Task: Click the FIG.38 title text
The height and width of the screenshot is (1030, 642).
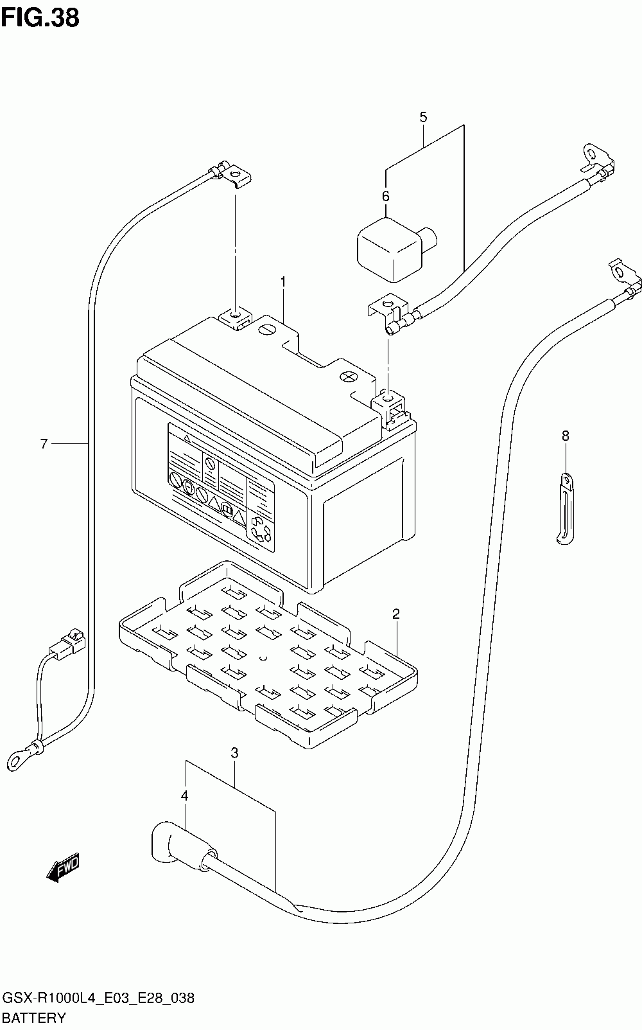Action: pos(40,18)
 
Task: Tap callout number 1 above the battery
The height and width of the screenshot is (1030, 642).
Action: pos(283,281)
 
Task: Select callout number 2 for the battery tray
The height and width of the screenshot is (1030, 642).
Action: pos(395,614)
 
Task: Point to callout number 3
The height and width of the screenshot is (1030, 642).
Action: pos(234,753)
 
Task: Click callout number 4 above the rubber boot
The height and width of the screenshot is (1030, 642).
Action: pos(184,796)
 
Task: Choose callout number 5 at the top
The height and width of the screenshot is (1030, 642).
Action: pos(423,117)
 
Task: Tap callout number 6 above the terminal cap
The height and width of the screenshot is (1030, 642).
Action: pos(386,197)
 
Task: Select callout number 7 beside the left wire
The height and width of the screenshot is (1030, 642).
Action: pos(44,444)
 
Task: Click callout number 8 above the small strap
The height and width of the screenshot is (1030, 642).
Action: pos(565,436)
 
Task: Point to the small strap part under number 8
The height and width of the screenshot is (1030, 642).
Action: pos(565,509)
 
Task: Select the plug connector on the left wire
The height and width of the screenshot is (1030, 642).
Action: pos(68,643)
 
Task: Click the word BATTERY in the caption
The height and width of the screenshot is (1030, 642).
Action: pos(34,1018)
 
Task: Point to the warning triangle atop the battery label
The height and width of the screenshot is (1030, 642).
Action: pos(187,438)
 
